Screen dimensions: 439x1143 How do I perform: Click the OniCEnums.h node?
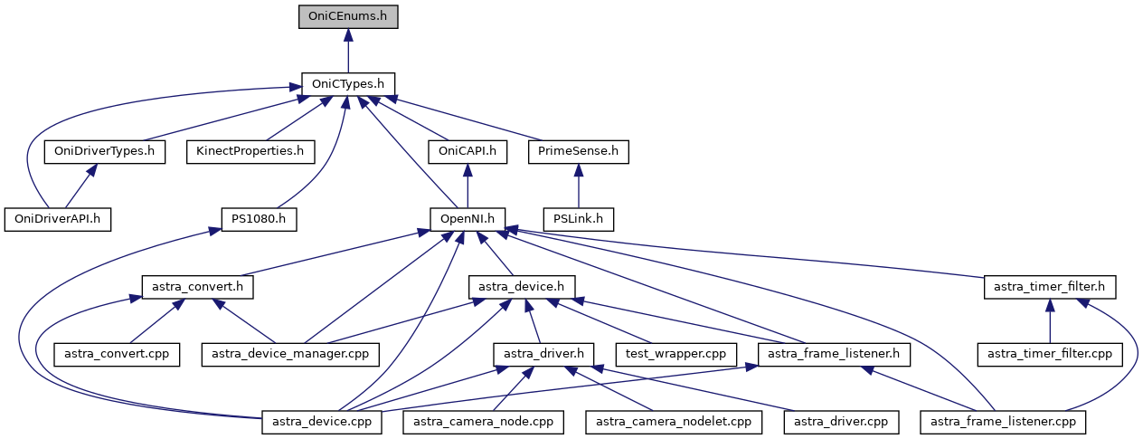348,16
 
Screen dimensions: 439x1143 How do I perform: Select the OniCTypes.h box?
348,84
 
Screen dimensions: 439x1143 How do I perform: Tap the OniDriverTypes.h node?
104,151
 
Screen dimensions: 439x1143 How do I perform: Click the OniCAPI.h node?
467,151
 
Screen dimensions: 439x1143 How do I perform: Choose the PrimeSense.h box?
578,151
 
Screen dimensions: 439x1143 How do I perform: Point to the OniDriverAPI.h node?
57,219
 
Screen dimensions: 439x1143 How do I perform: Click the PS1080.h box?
260,219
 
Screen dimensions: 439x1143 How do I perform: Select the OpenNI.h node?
467,219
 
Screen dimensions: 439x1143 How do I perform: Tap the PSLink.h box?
579,219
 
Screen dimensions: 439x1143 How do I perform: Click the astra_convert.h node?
197,287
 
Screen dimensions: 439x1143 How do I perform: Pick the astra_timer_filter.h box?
1049,287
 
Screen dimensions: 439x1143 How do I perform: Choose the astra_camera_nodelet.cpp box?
674,422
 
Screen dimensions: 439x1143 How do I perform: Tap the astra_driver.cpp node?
841,422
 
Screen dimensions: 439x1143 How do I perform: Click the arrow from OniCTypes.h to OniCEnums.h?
348,51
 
